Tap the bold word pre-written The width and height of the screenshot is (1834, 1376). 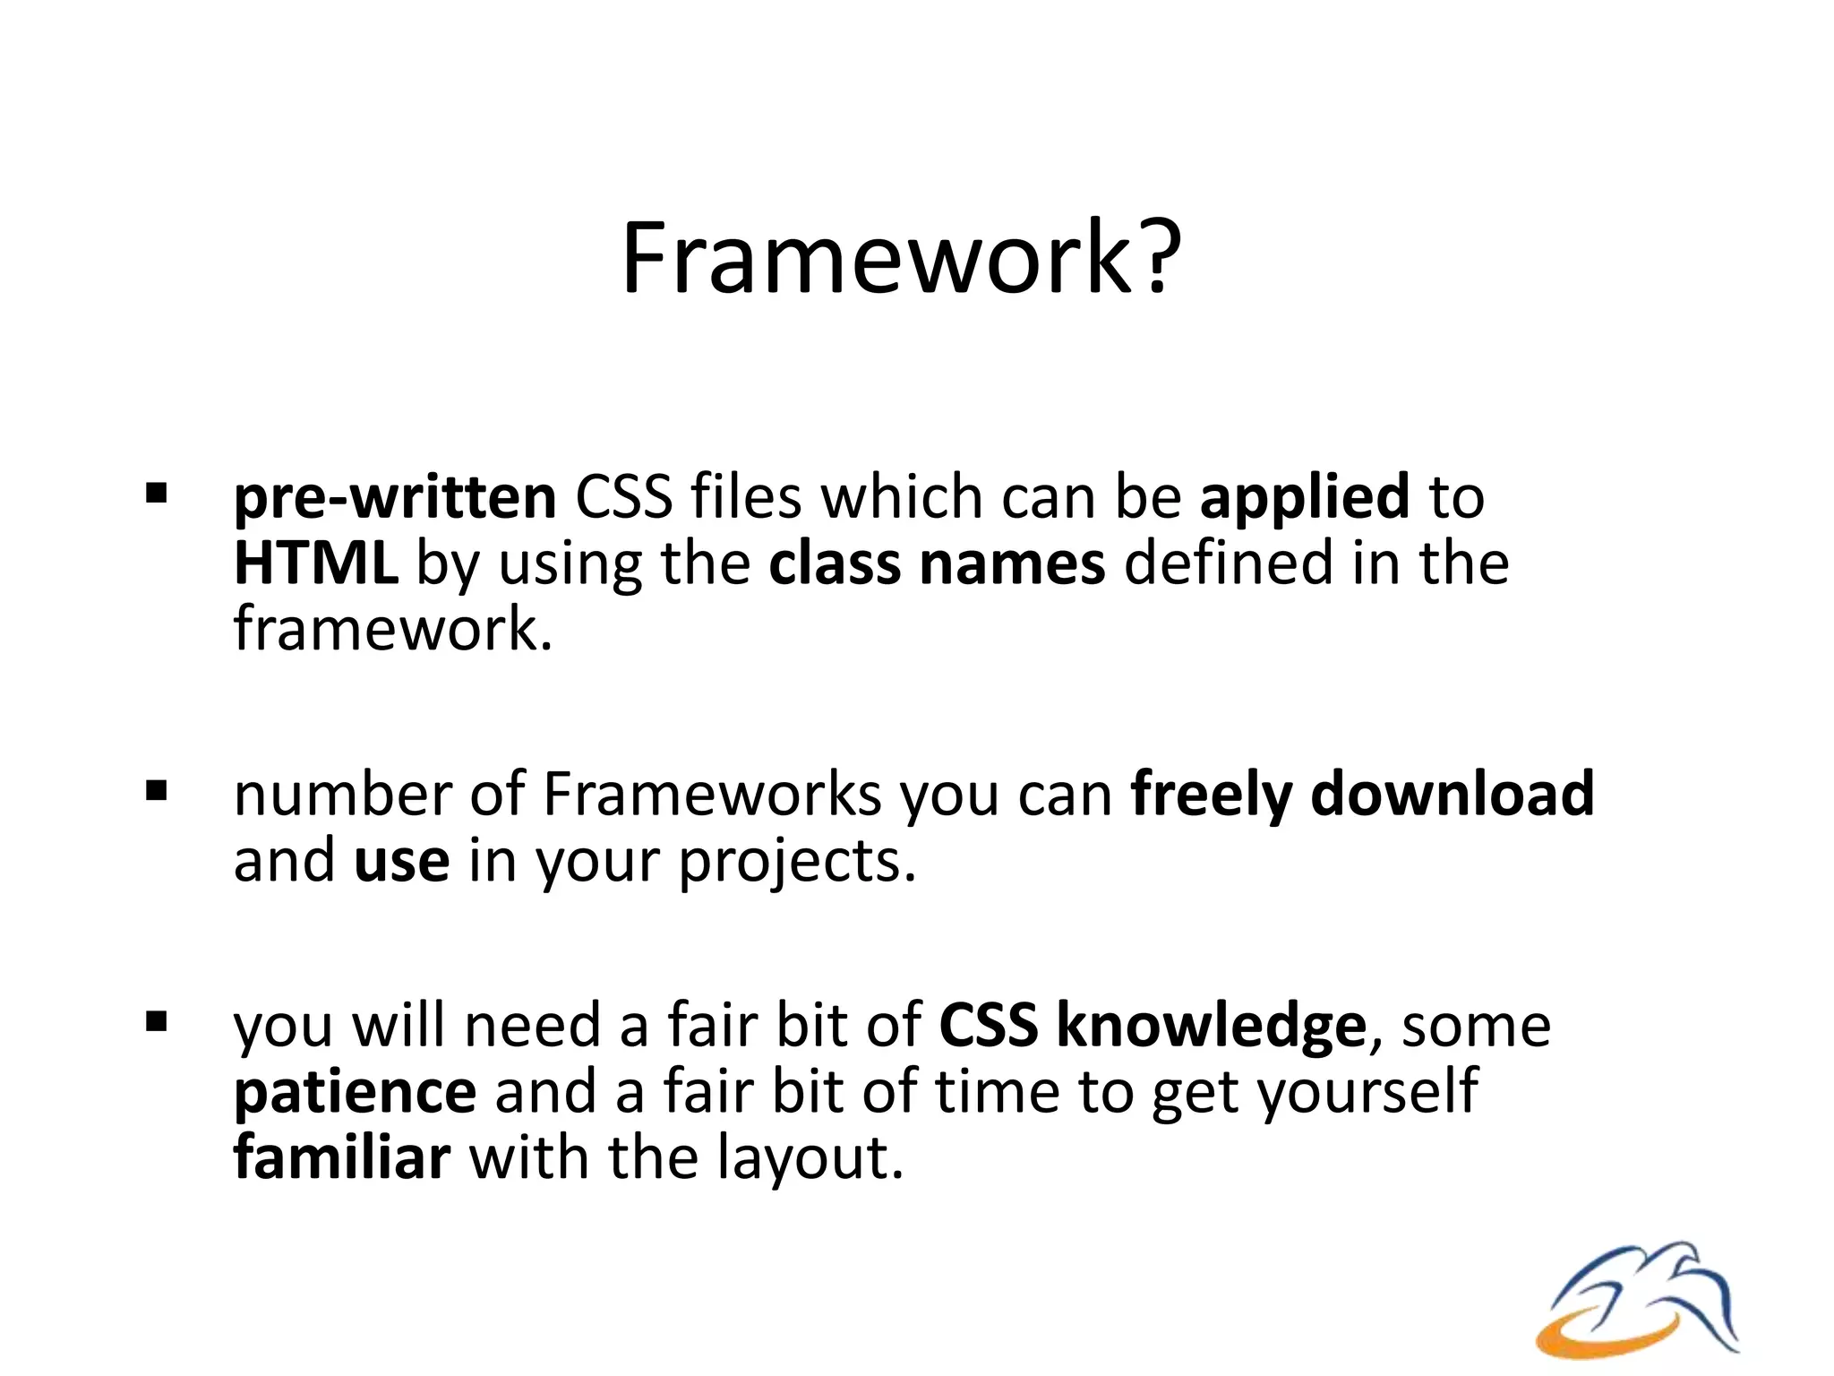tap(395, 498)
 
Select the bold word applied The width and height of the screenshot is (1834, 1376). tap(1305, 498)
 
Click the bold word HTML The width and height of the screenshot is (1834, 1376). tap(315, 564)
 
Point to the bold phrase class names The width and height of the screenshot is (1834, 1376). tap(937, 564)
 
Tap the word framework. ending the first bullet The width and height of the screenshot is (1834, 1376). tap(393, 630)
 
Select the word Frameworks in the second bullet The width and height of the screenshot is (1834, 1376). tap(712, 795)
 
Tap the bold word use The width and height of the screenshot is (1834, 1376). tap(402, 861)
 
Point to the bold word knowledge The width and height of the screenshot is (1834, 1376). tap(1211, 1026)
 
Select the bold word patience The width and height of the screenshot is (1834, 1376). tap(355, 1093)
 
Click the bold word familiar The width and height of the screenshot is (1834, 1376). tap(341, 1157)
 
